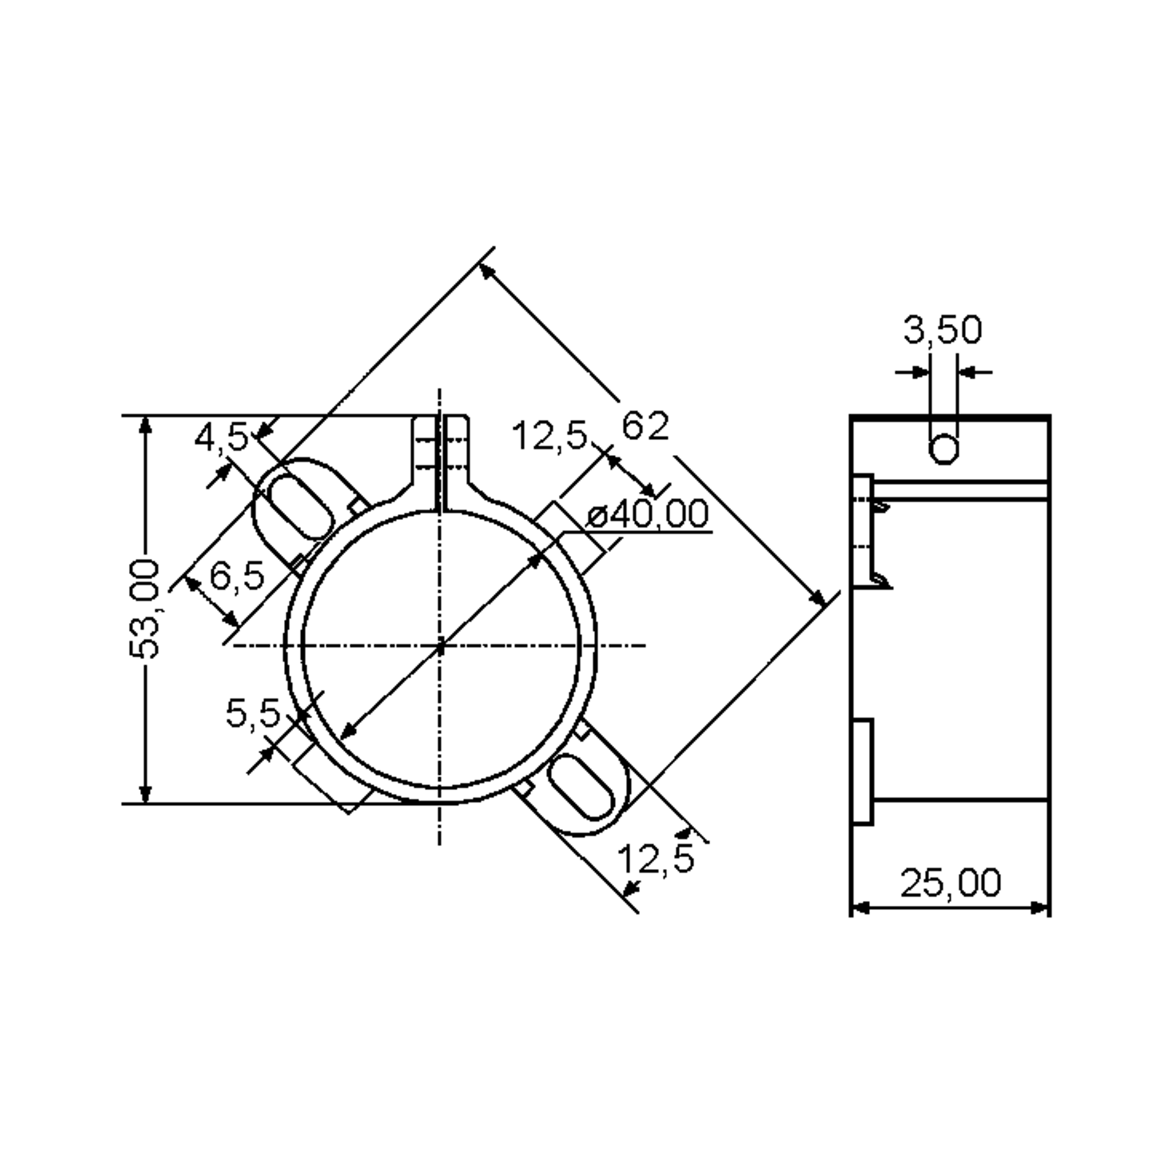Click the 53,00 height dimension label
click(145, 609)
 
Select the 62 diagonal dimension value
click(645, 426)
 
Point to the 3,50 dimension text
click(942, 331)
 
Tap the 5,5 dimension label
click(253, 713)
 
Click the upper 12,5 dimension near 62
click(549, 435)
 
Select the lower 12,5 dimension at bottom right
click(655, 858)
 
